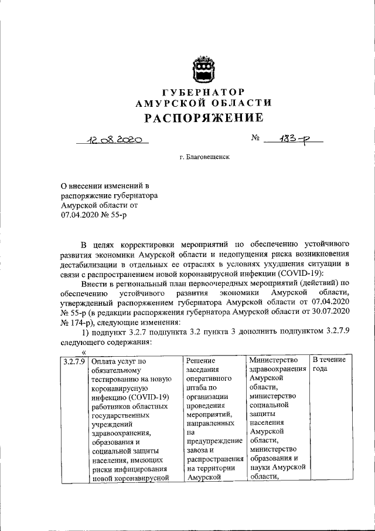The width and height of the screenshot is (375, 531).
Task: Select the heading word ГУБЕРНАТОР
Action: pos(203,92)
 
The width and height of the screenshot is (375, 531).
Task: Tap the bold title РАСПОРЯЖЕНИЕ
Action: pos(203,118)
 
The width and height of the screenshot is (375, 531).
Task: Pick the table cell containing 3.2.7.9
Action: pos(74,360)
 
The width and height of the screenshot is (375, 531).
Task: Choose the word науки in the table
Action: pos(261,467)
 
